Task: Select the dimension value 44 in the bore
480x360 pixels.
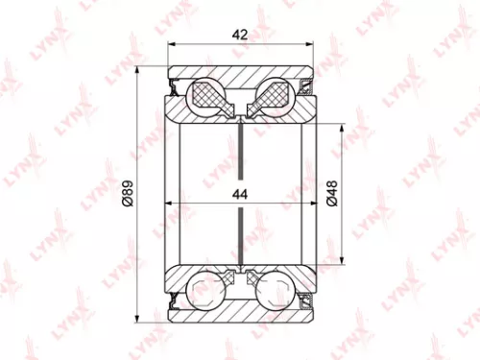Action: tap(240, 194)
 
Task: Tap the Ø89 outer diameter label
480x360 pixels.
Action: tap(128, 195)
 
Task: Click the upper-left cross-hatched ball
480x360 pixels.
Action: tap(207, 95)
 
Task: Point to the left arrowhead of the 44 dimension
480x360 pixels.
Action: tap(172, 204)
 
